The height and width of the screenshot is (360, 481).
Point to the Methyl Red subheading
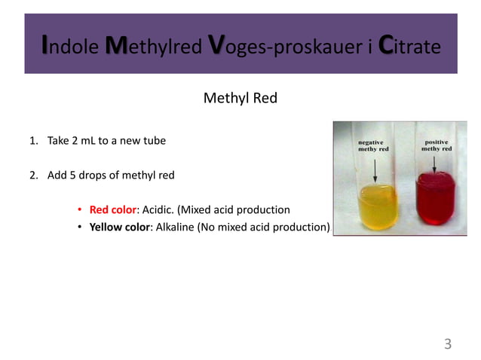coord(240,97)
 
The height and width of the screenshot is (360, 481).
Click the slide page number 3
coord(447,345)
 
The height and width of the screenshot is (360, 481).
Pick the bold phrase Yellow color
coord(119,227)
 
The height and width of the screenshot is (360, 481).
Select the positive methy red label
coord(436,145)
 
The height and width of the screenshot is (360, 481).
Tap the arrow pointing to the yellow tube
coord(375,169)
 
